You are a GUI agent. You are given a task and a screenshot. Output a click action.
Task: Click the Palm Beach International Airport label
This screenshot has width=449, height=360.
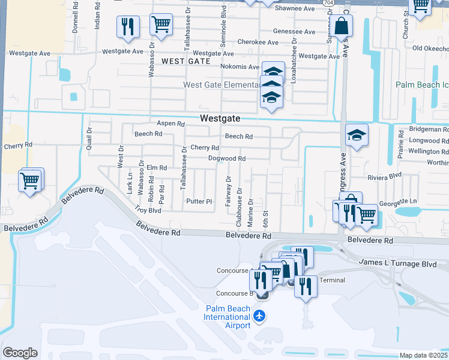(x=228, y=317)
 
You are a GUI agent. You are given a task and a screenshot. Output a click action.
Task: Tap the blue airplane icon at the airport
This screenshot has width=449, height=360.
(x=259, y=316)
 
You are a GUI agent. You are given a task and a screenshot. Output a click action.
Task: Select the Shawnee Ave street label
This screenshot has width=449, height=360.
(x=294, y=9)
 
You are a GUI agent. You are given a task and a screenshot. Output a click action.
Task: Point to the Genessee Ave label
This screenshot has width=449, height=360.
(x=294, y=31)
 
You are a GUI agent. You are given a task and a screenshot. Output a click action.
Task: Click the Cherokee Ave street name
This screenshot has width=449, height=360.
(x=258, y=43)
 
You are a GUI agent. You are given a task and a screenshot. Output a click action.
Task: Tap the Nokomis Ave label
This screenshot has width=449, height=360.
(x=243, y=67)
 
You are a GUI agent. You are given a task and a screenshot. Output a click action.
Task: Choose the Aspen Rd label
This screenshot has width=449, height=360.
(x=170, y=124)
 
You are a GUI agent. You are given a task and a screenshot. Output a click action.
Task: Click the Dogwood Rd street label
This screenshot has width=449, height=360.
(x=227, y=158)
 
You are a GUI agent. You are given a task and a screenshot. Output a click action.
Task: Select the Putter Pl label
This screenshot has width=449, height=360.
(x=199, y=201)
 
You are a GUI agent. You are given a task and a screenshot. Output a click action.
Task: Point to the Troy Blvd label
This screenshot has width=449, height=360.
(x=148, y=210)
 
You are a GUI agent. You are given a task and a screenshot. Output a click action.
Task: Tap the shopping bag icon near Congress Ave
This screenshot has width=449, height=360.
(x=342, y=26)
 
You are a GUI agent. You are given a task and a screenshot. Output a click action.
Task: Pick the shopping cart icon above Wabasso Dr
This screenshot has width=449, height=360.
(x=161, y=25)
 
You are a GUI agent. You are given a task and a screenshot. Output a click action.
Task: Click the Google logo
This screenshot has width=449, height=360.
(x=20, y=353)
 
